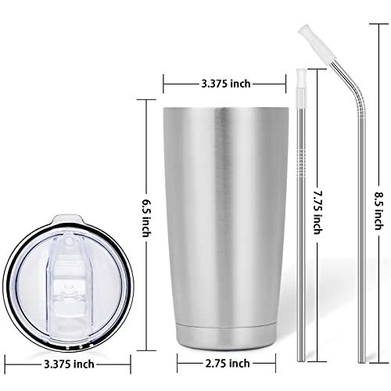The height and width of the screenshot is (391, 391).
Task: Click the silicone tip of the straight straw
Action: pos(300,81)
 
